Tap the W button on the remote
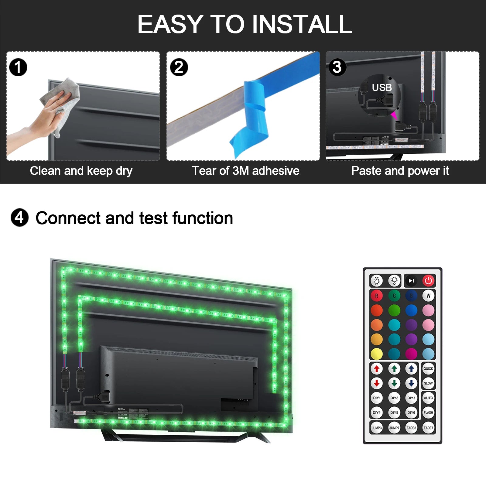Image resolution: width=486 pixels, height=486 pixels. pos(428,296)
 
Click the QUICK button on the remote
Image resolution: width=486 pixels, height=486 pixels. pos(428,369)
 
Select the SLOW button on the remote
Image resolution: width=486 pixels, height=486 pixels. pos(428,383)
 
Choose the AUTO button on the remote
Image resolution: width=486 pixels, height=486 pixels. pos(428,398)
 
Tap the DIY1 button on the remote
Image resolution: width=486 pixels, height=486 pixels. pos(377,398)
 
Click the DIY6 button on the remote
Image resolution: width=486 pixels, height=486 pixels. pos(411,412)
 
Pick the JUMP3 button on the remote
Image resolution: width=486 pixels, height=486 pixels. pos(377,428)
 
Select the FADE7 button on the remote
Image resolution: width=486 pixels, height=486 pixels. pos(428,428)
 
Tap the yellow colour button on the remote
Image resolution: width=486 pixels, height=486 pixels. pos(377,354)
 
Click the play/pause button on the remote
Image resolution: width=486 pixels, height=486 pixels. pos(411,281)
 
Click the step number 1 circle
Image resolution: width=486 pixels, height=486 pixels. pos(18,67)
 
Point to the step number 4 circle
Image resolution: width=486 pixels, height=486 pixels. pos(19,217)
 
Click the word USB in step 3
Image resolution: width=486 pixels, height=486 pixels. pos(382,87)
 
